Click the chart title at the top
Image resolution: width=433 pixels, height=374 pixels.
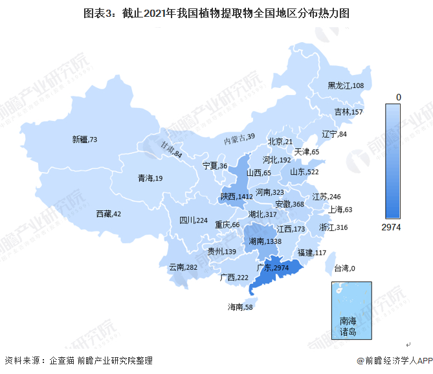click(216, 13)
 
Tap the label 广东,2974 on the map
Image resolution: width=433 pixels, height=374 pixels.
click(273, 267)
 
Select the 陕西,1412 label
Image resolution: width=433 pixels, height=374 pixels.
click(236, 196)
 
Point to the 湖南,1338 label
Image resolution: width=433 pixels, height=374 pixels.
click(265, 241)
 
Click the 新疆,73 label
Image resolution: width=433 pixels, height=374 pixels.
click(84, 139)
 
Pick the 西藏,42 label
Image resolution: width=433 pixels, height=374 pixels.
click(108, 213)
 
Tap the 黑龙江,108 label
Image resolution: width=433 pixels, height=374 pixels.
click(346, 85)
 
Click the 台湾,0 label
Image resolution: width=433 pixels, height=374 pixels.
click(345, 268)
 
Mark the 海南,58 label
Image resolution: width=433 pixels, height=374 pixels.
click(240, 306)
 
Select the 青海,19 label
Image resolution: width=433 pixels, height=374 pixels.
click(150, 178)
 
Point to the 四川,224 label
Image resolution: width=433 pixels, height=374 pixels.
click(193, 221)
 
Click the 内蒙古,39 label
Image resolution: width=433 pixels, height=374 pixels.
click(239, 138)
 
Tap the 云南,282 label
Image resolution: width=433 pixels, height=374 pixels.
click(183, 267)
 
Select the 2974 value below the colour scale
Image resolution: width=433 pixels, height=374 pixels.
click(392, 227)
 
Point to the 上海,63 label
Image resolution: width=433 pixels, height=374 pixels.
click(340, 209)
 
